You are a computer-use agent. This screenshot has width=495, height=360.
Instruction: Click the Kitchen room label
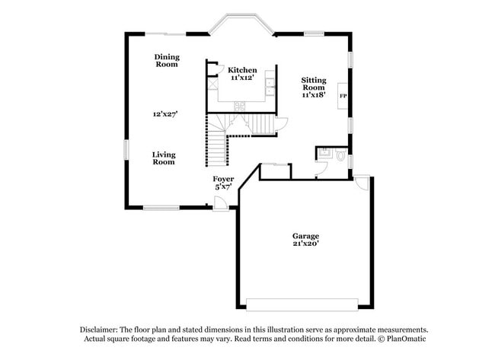[x=242, y=70]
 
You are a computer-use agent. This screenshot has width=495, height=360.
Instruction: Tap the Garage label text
[x=305, y=236]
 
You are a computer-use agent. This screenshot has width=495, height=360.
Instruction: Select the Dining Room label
[x=167, y=61]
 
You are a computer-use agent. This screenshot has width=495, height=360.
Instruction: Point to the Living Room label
[x=164, y=158]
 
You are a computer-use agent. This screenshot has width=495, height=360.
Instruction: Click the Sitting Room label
[x=314, y=84]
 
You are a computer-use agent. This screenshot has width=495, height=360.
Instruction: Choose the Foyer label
[x=223, y=179]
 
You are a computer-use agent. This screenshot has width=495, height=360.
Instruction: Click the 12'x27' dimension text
[x=165, y=114]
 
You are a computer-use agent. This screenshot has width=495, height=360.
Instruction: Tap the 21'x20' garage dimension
[x=306, y=244]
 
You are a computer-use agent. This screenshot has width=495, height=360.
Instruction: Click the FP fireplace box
[x=343, y=96]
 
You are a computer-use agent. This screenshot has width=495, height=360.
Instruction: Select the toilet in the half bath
[x=340, y=156]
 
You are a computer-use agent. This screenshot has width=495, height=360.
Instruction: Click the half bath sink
[x=324, y=153]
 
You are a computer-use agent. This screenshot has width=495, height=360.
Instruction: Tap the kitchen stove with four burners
[x=239, y=106]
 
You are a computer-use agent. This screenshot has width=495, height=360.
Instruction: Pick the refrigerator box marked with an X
[x=213, y=84]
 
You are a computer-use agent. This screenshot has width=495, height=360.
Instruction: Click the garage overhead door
[x=302, y=304]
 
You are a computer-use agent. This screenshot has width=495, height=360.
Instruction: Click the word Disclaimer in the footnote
[x=98, y=330]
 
